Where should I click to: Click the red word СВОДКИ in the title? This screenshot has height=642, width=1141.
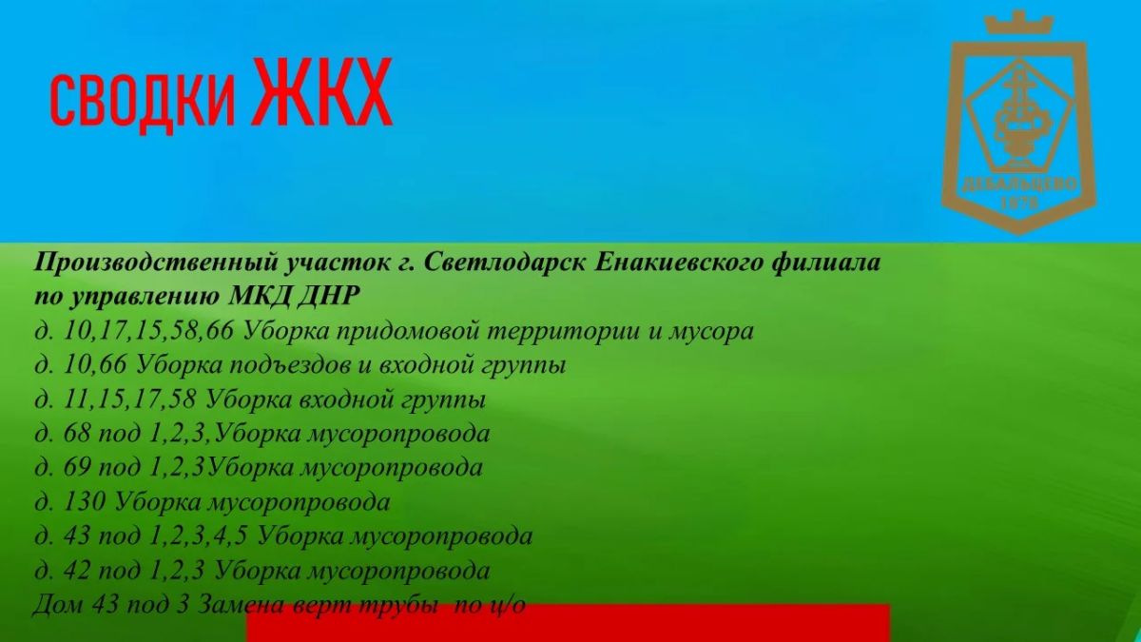tap(142, 102)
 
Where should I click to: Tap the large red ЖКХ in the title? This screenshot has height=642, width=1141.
tap(322, 91)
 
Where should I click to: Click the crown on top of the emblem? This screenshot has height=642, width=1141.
tap(1018, 23)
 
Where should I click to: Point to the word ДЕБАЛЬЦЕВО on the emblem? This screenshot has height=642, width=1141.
tap(1018, 184)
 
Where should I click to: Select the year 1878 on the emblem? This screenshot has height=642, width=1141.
tap(1018, 203)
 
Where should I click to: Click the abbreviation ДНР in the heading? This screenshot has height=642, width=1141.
tap(328, 297)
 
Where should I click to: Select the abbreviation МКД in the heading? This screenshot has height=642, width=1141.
tap(260, 296)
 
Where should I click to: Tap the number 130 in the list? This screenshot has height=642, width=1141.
tap(85, 502)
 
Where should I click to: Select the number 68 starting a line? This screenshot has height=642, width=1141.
tap(77, 434)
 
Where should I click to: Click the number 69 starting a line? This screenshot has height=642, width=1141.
tap(77, 468)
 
